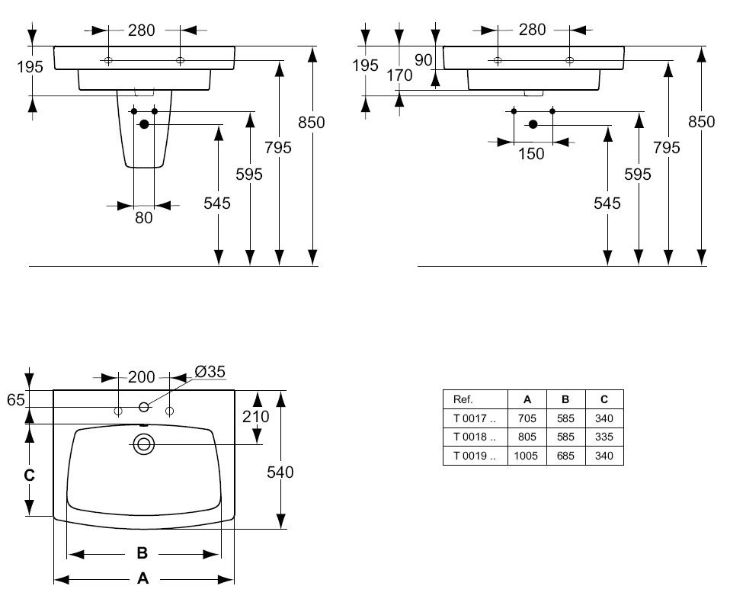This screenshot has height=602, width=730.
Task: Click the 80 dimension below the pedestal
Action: tap(144, 218)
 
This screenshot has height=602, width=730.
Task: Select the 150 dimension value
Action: tap(531, 154)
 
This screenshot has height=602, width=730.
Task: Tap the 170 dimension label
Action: tap(399, 75)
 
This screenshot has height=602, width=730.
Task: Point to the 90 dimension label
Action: tap(424, 60)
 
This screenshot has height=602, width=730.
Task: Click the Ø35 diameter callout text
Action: tap(210, 372)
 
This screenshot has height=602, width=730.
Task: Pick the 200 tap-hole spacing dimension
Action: tap(142, 377)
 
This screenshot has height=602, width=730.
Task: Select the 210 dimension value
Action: tap(256, 416)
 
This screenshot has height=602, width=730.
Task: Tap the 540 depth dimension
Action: tap(280, 472)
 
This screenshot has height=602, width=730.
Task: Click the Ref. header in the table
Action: tap(463, 399)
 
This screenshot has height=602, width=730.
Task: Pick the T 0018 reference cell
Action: tap(474, 437)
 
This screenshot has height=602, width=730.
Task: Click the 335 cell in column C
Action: tap(604, 437)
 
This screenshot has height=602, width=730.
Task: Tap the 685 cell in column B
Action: tap(565, 456)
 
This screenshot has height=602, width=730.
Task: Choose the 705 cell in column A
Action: tap(527, 418)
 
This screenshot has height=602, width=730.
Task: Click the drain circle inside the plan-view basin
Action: tap(142, 444)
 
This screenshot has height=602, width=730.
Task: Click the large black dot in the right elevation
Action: tap(533, 124)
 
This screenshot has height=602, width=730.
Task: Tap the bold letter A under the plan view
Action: tap(142, 579)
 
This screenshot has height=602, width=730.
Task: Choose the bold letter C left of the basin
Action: tap(29, 475)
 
